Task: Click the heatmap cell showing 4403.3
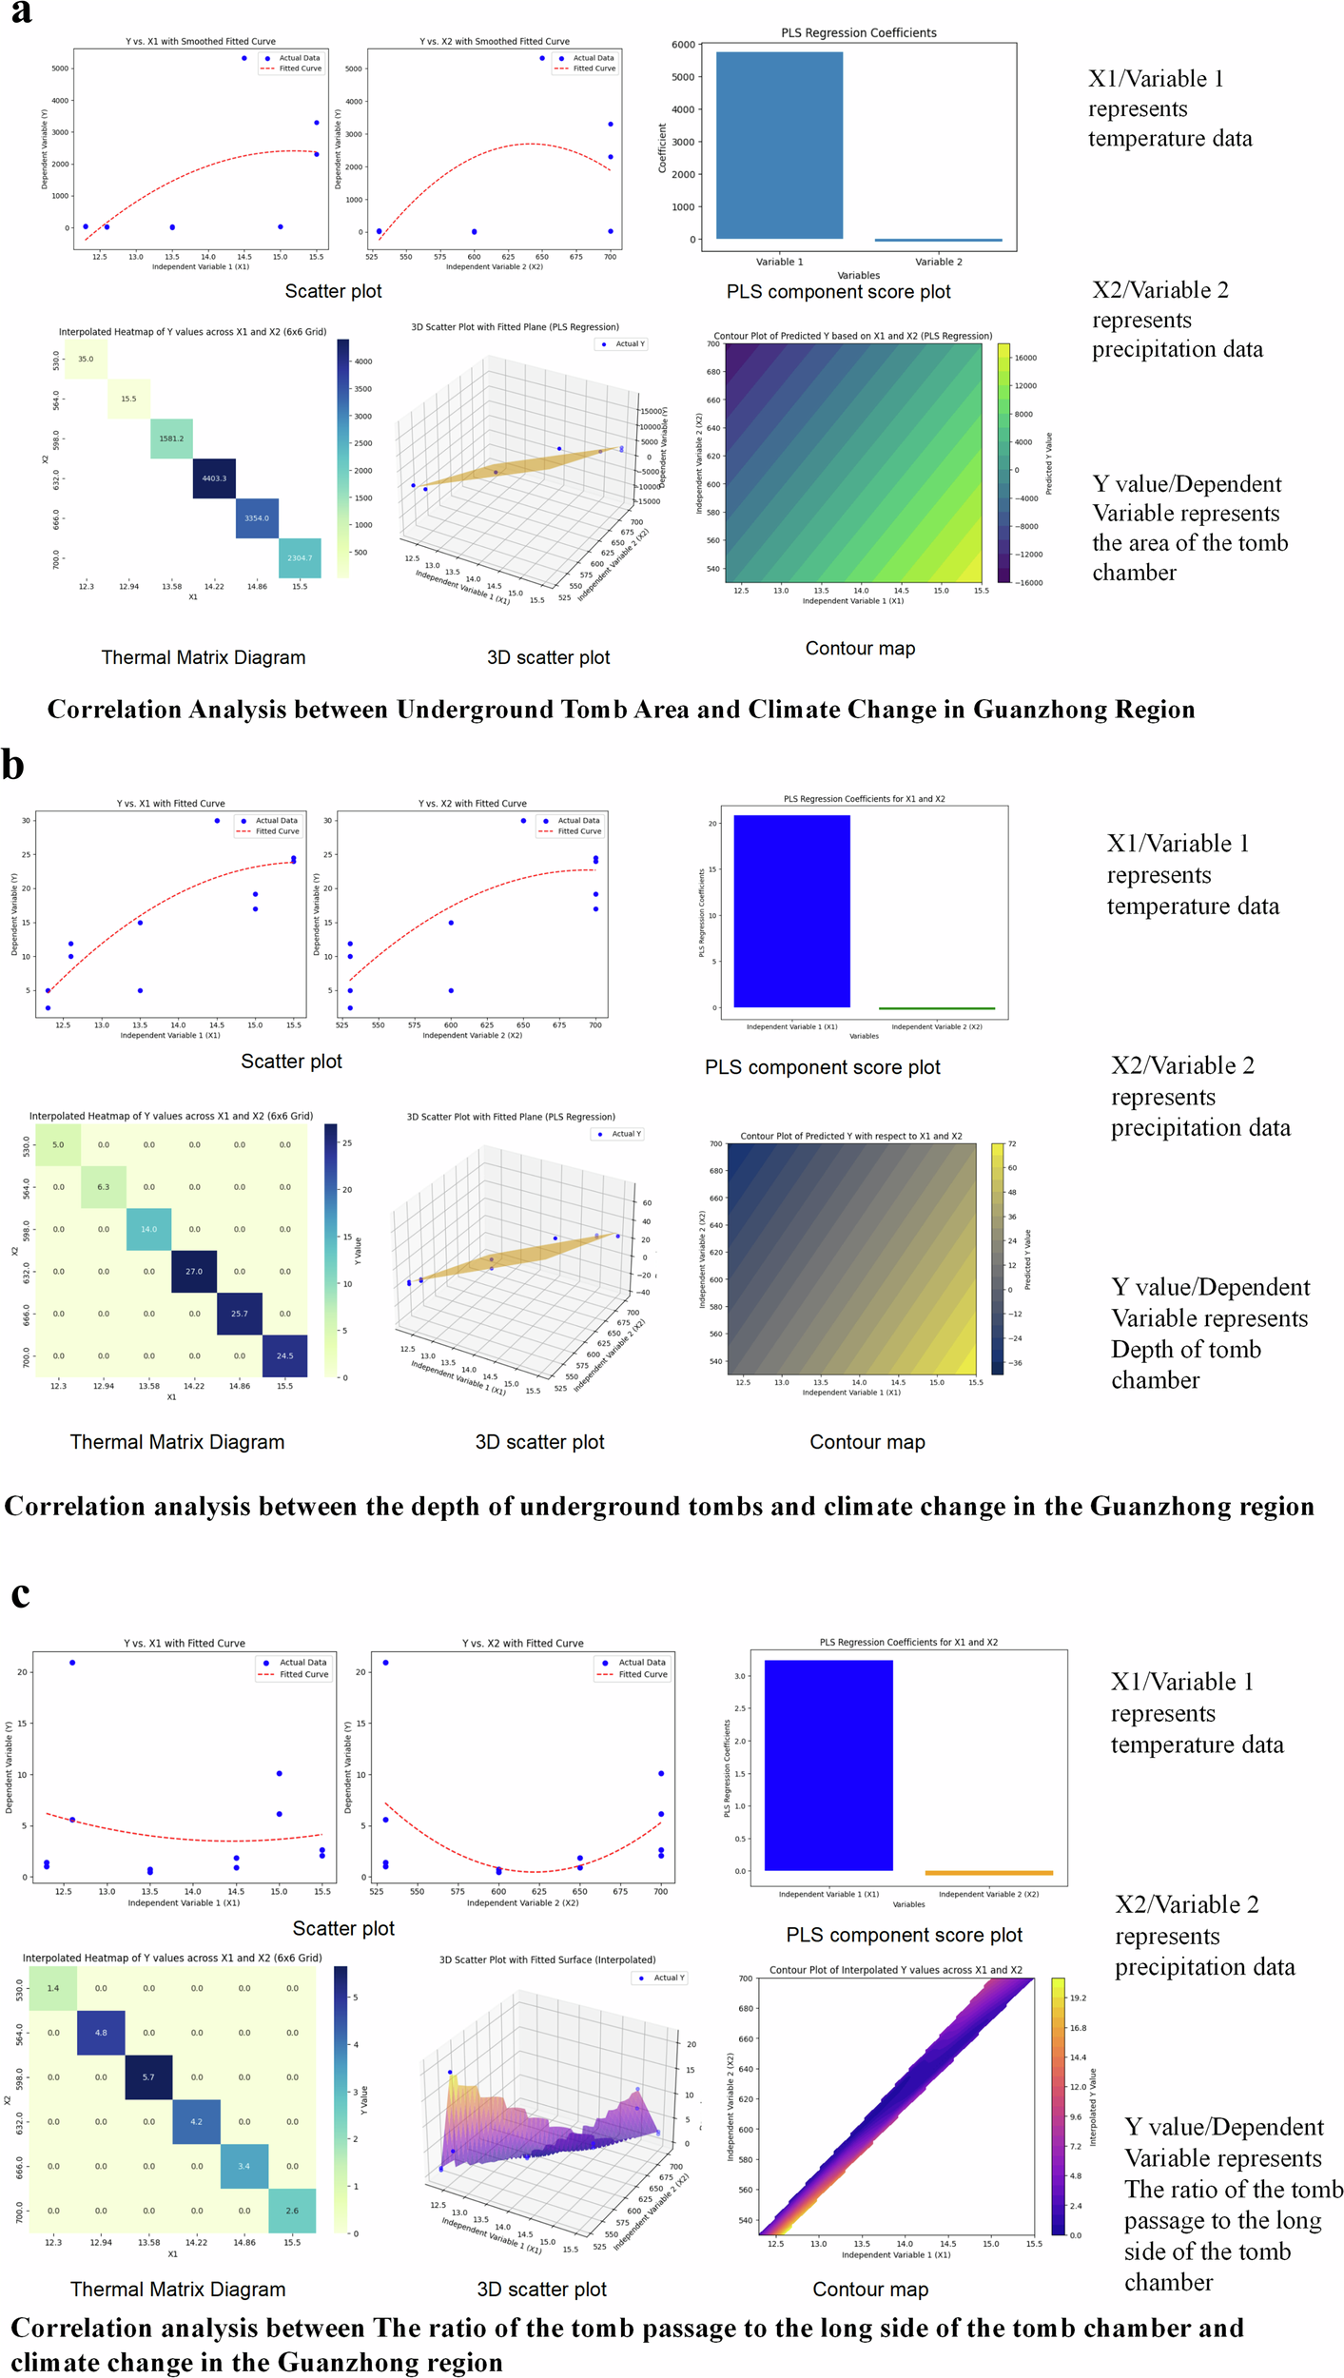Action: pyautogui.click(x=214, y=478)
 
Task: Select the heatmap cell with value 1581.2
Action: pyautogui.click(x=171, y=439)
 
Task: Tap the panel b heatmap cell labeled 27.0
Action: pyautogui.click(x=194, y=1271)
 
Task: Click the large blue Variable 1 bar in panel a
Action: pyautogui.click(x=779, y=146)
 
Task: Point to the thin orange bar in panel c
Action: pyautogui.click(x=988, y=1872)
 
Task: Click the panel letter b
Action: pyautogui.click(x=12, y=765)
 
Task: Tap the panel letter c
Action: pyautogui.click(x=20, y=1593)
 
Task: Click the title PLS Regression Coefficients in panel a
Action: pyautogui.click(x=858, y=32)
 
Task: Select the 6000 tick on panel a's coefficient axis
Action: pyautogui.click(x=683, y=45)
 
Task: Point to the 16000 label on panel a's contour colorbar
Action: pyautogui.click(x=1025, y=358)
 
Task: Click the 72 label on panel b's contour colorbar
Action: pyautogui.click(x=1012, y=1143)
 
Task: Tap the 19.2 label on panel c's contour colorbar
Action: pyautogui.click(x=1078, y=1998)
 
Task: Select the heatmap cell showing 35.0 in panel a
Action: pyautogui.click(x=86, y=360)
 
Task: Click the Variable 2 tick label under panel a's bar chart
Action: pyautogui.click(x=938, y=262)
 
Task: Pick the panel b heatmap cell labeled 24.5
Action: pyautogui.click(x=284, y=1355)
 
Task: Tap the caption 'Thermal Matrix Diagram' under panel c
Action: pyautogui.click(x=178, y=2290)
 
